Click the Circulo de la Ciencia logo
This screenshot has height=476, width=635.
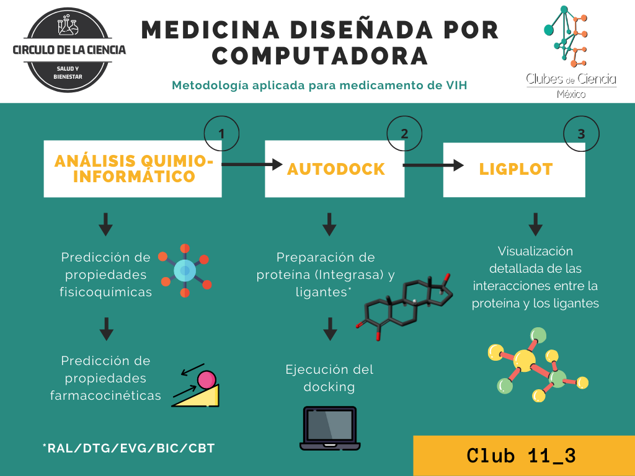69,50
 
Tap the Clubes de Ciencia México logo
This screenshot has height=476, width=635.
571,52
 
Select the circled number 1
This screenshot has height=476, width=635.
221,134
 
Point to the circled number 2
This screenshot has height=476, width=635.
404,134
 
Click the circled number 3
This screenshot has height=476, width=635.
580,134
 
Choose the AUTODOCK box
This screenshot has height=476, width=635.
335,169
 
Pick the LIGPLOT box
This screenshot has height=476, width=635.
514,169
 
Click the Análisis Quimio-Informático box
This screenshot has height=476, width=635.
133,169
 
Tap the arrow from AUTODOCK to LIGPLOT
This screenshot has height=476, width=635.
433,165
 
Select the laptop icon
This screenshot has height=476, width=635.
330,428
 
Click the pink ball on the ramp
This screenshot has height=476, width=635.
206,379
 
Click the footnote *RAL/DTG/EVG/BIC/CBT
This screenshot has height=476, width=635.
128,447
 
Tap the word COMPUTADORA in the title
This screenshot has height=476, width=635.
320,56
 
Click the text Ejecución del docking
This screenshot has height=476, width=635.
329,378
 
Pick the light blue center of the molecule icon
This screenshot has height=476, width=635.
185,270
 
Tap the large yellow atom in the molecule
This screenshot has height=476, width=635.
525,360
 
